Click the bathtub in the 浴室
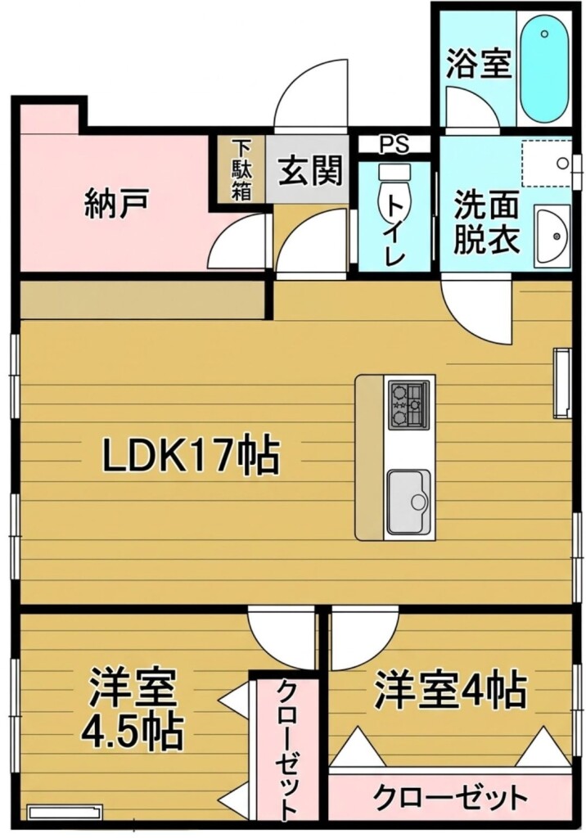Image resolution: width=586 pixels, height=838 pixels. click(x=543, y=67)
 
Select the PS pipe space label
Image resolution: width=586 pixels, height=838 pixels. click(x=394, y=144)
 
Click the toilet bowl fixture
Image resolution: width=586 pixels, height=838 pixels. click(x=394, y=189)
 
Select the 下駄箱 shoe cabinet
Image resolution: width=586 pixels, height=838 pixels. click(x=241, y=170)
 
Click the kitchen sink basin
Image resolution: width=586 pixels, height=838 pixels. click(x=409, y=501)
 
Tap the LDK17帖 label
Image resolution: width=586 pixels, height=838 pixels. click(x=191, y=455)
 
